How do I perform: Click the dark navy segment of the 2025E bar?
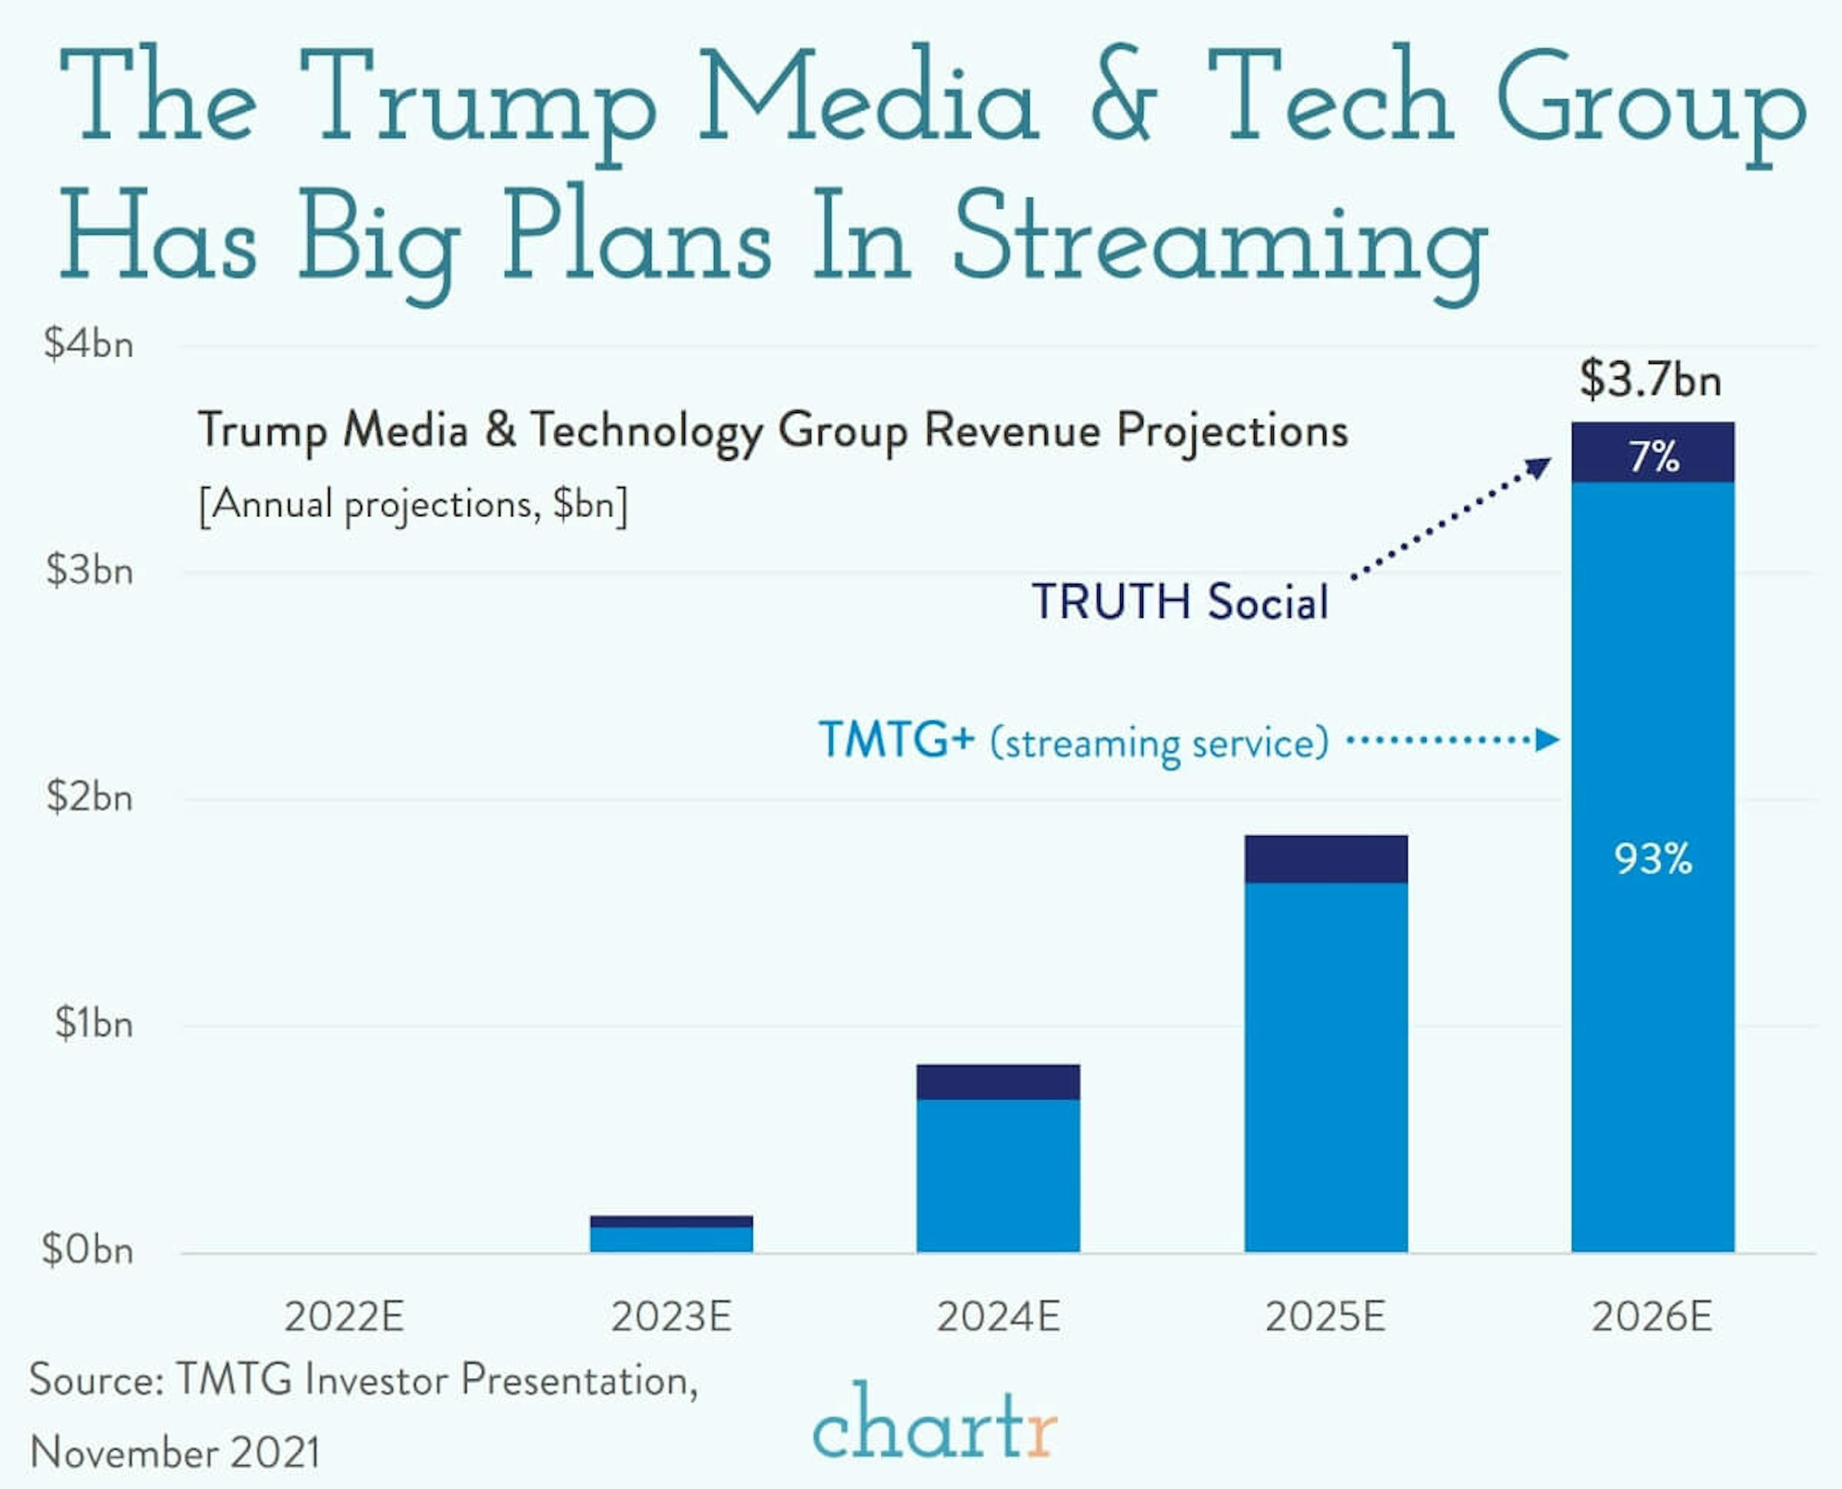point(1326,858)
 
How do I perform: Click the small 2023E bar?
point(672,1235)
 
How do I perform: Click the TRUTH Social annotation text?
point(1180,601)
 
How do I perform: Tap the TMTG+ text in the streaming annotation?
point(896,739)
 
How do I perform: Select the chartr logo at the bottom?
point(935,1424)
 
